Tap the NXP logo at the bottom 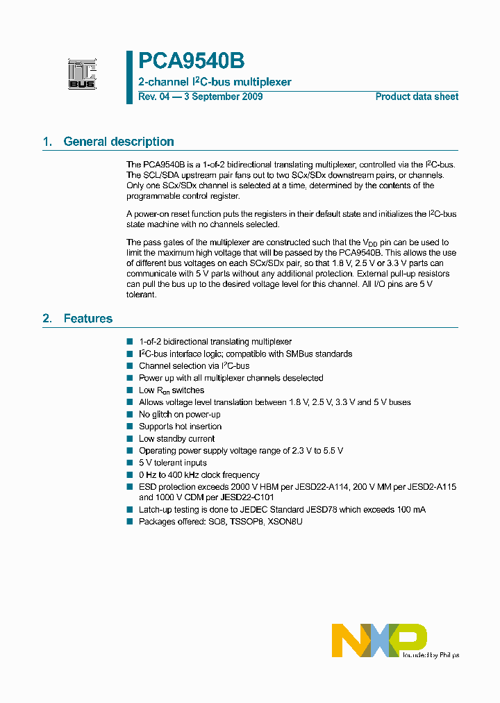[378, 639]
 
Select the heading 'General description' [119, 142]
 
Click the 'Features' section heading [87, 319]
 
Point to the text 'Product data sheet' [417, 97]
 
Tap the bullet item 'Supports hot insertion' [180, 427]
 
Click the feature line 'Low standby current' [176, 438]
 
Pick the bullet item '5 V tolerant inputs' [173, 463]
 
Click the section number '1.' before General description [47, 142]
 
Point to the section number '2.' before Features [47, 319]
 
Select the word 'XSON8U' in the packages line [285, 521]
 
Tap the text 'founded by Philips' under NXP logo [431, 654]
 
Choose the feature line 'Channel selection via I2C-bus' [194, 365]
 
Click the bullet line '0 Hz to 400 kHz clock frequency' [199, 474]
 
